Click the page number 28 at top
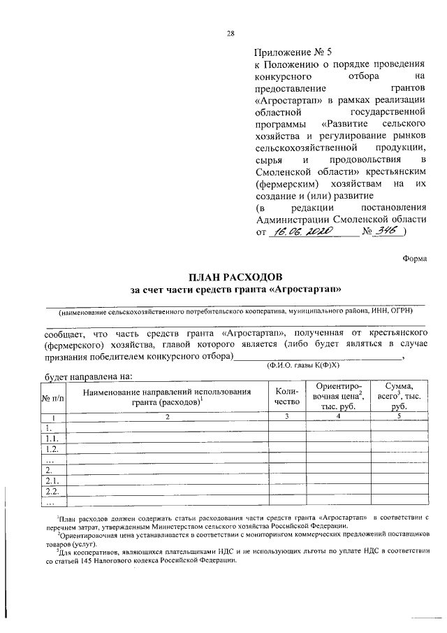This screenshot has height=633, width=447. [230, 33]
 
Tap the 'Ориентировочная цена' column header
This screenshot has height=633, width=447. [338, 396]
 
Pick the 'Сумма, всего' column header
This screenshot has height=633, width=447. [398, 396]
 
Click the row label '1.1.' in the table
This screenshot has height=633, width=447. [52, 438]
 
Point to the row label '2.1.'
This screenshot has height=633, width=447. [52, 481]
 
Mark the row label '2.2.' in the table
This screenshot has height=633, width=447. [52, 492]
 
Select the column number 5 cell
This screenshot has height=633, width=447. [398, 417]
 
